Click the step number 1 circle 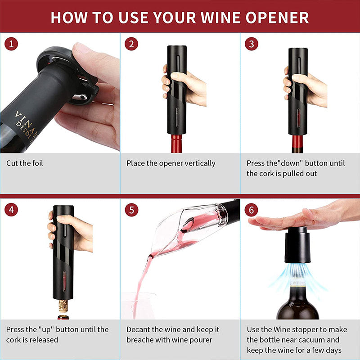tap(12, 44)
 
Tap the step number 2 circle tap(131, 44)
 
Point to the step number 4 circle tap(12, 210)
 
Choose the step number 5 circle tap(131, 210)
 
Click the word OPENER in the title tap(274, 17)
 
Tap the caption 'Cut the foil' tap(25, 163)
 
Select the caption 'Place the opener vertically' tap(171, 163)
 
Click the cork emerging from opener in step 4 tap(63, 307)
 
